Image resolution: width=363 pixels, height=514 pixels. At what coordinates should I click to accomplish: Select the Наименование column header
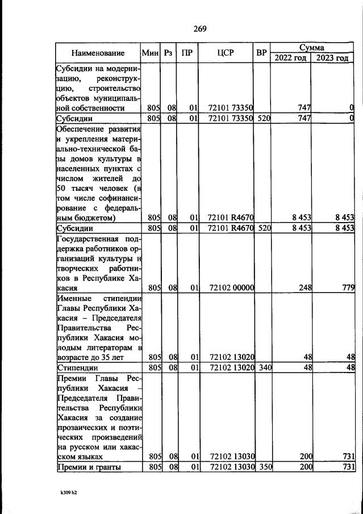coord(98,53)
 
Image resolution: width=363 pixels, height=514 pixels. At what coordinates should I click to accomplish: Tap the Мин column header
coord(150,53)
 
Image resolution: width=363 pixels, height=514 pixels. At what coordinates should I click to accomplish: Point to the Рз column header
coord(168,53)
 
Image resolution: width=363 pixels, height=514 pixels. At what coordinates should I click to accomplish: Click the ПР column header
coord(187,53)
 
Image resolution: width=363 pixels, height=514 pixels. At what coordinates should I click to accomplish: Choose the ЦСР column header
coord(226,53)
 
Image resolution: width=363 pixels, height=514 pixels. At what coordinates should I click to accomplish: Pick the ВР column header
coord(261,53)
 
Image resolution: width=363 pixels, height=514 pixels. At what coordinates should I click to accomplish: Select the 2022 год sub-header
coord(290,58)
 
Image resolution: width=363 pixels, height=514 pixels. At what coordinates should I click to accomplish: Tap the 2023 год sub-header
coord(332,58)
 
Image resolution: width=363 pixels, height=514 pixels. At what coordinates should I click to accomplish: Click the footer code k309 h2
coord(68,492)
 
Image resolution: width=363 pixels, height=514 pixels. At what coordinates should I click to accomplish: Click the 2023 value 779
coord(347,288)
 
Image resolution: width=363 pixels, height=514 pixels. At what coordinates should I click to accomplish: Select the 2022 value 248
coord(305,288)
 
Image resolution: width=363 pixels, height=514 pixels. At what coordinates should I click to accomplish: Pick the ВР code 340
coord(265,367)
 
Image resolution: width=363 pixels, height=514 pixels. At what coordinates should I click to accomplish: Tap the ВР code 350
coord(265,467)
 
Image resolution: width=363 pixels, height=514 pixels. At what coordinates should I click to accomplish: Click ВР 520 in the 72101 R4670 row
coord(265,228)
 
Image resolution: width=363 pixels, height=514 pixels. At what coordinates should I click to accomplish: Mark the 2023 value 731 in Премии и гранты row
coord(348,467)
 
